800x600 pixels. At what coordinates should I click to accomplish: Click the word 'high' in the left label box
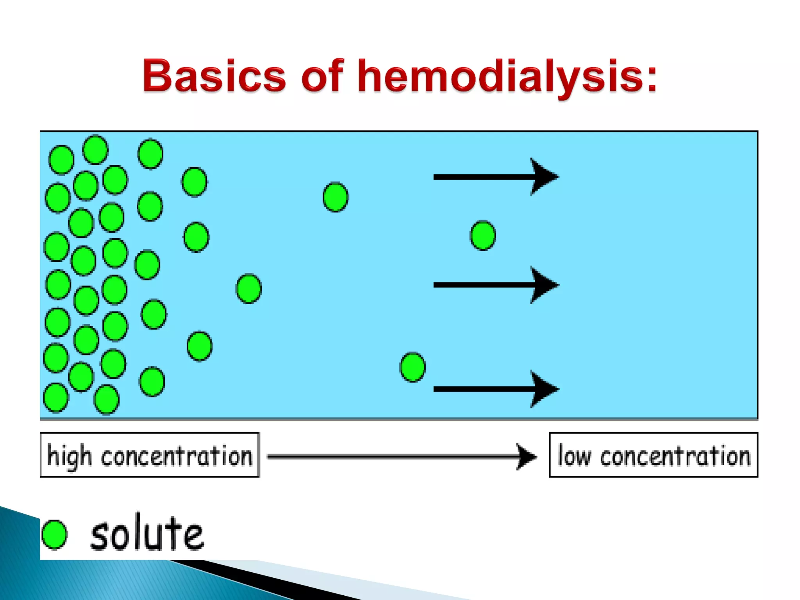click(69, 456)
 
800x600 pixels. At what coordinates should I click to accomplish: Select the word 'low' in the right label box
click(574, 456)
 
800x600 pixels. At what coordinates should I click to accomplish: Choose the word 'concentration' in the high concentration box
click(177, 456)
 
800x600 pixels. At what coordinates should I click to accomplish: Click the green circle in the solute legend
click(54, 534)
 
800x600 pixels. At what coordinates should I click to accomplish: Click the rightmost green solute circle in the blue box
click(483, 236)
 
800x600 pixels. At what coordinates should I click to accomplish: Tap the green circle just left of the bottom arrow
click(412, 367)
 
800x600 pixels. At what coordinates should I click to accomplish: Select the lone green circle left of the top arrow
click(336, 197)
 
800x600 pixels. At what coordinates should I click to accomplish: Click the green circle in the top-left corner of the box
click(61, 160)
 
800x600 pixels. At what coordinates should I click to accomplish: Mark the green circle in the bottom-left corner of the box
click(56, 398)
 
